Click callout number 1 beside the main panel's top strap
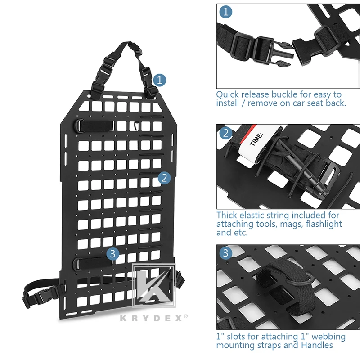160,80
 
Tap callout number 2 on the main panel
164,178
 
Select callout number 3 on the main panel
113,254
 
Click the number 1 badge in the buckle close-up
226,12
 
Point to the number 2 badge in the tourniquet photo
226,133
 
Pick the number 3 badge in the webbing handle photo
226,253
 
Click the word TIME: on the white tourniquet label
256,139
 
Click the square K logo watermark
154,285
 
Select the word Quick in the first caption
228,95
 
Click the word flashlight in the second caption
324,224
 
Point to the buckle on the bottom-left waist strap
39,297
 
